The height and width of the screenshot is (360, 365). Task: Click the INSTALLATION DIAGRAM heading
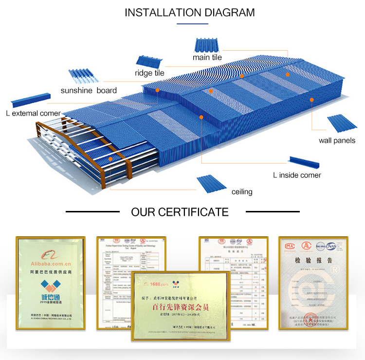click(x=189, y=13)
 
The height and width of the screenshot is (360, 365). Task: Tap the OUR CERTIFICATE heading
click(x=180, y=212)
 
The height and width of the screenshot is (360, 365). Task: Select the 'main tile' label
click(x=207, y=57)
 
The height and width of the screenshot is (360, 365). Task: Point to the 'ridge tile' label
click(x=149, y=73)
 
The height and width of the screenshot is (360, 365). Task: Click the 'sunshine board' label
click(x=89, y=90)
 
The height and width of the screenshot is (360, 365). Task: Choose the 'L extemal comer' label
click(x=33, y=114)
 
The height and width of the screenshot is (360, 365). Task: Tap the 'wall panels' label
click(x=337, y=140)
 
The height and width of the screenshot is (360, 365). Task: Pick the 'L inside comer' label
click(x=297, y=175)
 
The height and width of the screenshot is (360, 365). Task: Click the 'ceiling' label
click(x=242, y=191)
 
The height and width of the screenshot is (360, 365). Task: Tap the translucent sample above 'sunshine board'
click(x=84, y=76)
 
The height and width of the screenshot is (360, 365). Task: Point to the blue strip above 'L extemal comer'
click(x=30, y=101)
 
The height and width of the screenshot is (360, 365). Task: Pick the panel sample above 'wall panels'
click(x=336, y=124)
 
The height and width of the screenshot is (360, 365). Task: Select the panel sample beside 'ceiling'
click(x=211, y=184)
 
